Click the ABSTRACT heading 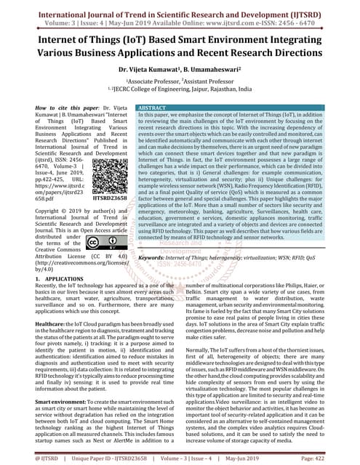point(152,107)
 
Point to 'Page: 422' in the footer point(337,459)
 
